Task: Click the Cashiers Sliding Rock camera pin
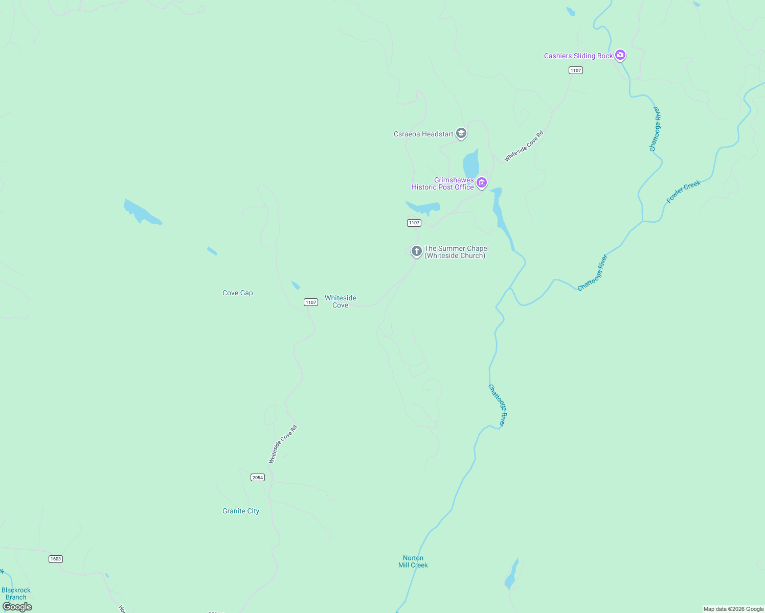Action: (x=620, y=55)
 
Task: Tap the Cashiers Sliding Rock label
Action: (x=578, y=56)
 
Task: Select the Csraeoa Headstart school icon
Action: (x=461, y=133)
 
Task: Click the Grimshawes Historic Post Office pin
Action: (x=481, y=182)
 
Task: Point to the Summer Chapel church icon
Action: (x=416, y=251)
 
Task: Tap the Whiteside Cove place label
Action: (x=340, y=301)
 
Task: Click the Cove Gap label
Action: (x=237, y=293)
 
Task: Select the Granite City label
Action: (x=240, y=511)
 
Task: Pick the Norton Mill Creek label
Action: (x=413, y=561)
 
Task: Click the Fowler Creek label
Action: (x=683, y=192)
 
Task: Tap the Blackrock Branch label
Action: (x=16, y=594)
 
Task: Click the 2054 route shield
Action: (x=257, y=478)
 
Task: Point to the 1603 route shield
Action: (x=55, y=559)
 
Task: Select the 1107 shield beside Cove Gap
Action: (x=311, y=302)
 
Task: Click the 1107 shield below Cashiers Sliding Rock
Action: (x=576, y=70)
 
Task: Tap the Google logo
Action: (x=17, y=607)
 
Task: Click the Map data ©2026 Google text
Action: (x=733, y=609)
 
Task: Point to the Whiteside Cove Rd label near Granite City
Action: (x=283, y=444)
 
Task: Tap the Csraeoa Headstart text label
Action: (x=423, y=134)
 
